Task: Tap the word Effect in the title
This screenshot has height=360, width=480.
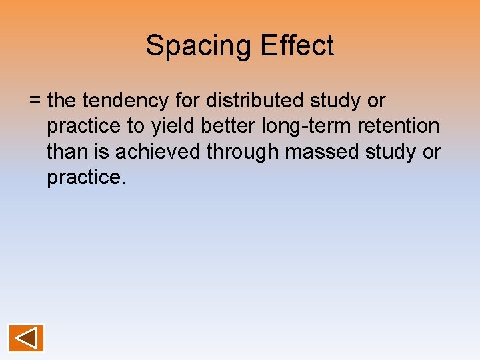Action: point(297,46)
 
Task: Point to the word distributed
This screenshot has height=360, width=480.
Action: point(257,101)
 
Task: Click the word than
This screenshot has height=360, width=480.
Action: point(67,152)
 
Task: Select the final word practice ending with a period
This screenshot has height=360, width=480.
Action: point(86,178)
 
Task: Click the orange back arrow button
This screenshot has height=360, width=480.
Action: point(26,338)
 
